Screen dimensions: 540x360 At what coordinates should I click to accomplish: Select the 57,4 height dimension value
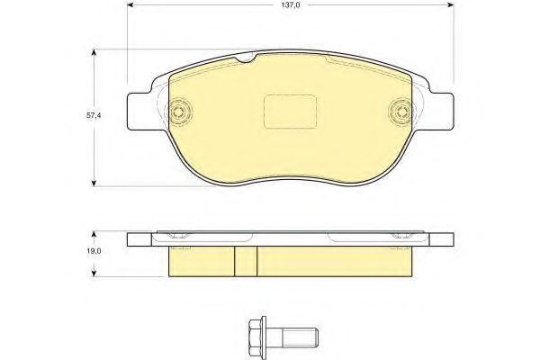coord(94,116)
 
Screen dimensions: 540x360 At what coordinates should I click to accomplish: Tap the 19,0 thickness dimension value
coord(94,251)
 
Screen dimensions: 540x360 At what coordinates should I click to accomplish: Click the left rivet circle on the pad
coord(178,112)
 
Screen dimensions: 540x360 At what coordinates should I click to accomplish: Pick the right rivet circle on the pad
coord(401,112)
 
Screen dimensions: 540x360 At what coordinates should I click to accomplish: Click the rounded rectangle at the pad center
coord(290,112)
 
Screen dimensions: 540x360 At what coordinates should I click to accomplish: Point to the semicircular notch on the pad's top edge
coord(246,58)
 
